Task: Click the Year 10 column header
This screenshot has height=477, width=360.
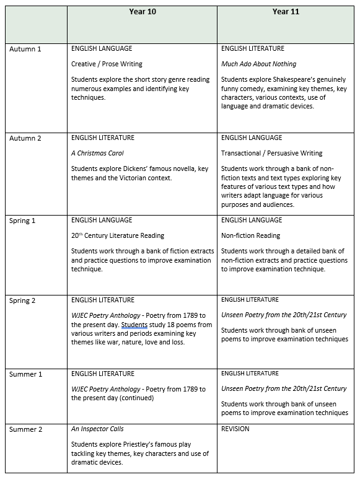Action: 142,11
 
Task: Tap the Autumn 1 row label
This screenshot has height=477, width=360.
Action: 25,49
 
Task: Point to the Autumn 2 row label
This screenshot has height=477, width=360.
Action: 25,138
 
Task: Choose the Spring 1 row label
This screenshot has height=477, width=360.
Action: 24,221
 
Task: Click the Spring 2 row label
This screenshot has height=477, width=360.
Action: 24,300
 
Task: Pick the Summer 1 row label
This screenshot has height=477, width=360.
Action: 25,374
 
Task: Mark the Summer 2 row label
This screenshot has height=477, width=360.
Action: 25,429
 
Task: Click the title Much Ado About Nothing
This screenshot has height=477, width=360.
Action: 258,64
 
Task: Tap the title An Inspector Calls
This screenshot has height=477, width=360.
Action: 99,429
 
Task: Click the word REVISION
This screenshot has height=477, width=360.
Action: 235,429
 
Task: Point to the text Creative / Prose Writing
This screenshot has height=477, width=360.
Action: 107,64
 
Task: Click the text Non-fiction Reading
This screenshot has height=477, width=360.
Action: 250,235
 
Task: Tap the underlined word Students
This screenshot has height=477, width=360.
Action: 134,325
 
